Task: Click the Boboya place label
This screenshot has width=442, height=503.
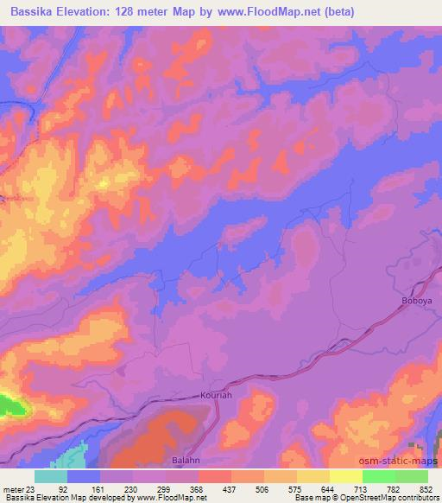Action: tap(416, 300)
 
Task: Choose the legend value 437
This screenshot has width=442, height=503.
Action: tap(228, 488)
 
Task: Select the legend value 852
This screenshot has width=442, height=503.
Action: tap(426, 488)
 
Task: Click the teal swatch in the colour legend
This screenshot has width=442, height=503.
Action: tap(50, 476)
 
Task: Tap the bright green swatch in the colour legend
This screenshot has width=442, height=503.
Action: tap(378, 476)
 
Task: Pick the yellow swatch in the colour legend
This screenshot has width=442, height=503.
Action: tap(345, 476)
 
